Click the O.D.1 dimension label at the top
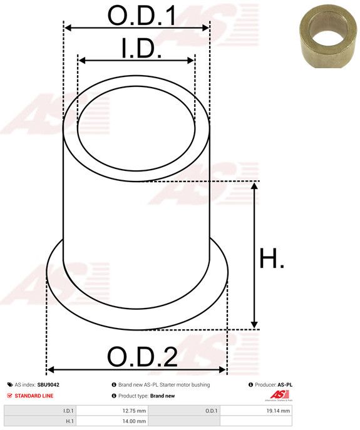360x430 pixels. point(141,16)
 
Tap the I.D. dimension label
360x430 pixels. point(141,48)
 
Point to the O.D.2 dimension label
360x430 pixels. point(142,357)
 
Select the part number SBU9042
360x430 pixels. point(48,385)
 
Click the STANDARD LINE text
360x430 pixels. point(34,396)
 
